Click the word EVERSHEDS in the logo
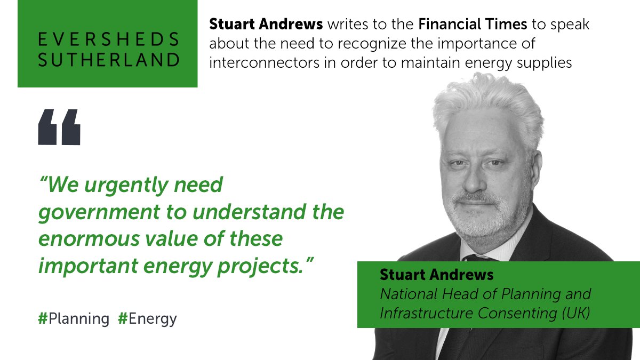[x=108, y=39]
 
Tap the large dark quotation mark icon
[x=59, y=127]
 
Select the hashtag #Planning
[x=74, y=319]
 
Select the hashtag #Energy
[x=147, y=319]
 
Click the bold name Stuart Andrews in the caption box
[x=437, y=275]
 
